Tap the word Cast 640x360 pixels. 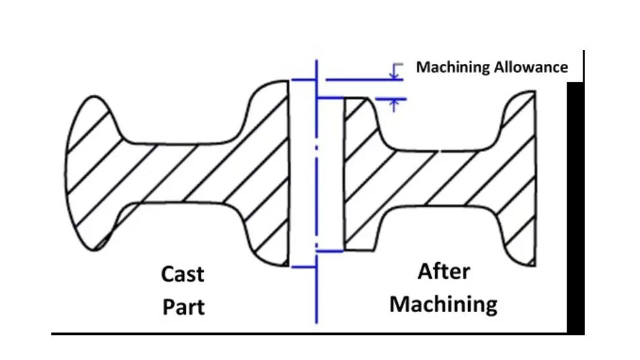pos(183,274)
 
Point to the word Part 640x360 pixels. pos(183,307)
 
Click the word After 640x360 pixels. pos(444,272)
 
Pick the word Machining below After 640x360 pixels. pos(443,305)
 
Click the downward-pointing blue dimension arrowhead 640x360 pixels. pos(394,75)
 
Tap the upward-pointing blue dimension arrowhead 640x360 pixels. pos(394,103)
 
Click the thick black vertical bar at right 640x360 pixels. pos(575,207)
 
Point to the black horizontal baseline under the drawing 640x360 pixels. pos(307,333)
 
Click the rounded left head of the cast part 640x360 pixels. pos(90,173)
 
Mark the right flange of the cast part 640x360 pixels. pos(267,173)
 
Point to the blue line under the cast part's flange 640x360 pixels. pos(303,267)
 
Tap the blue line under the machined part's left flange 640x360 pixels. pos(329,251)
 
